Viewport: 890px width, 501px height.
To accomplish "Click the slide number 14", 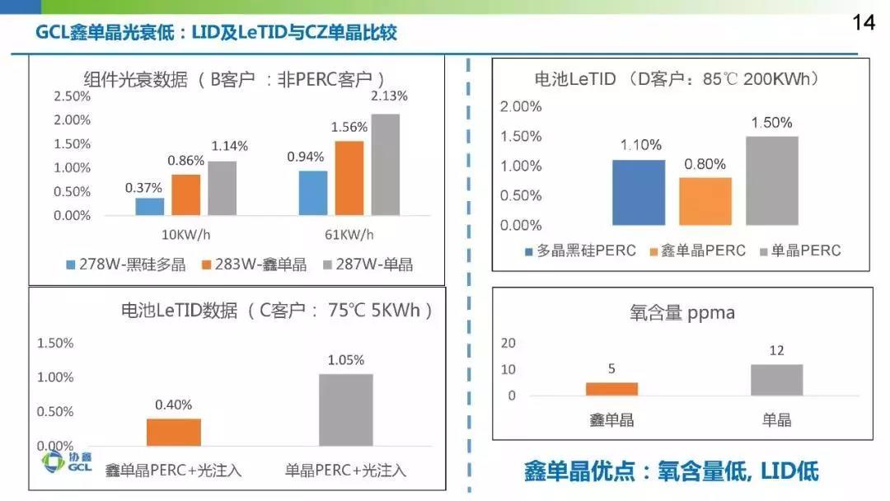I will tap(863, 22).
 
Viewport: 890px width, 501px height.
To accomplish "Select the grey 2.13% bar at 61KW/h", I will tap(386, 165).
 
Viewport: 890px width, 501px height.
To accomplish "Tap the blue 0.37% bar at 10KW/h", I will tap(150, 206).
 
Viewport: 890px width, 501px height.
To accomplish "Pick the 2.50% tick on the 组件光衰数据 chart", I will tap(73, 96).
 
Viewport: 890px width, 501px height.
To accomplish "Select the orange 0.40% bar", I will tap(174, 432).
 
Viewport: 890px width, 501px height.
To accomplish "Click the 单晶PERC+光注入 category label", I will tap(345, 470).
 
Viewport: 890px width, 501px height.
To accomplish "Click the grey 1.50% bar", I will tap(773, 180).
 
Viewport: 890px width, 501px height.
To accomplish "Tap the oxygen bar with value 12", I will tap(776, 380).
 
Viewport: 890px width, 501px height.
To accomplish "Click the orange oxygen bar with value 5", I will tap(611, 389).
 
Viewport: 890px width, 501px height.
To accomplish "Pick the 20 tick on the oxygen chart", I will tap(509, 342).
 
